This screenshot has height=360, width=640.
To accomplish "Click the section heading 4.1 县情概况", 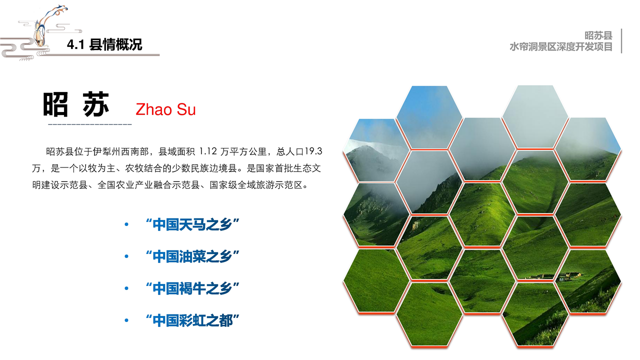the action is click(x=104, y=44).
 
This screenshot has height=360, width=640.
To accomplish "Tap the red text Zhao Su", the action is click(x=165, y=109).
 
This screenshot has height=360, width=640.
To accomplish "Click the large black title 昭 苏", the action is click(x=76, y=104).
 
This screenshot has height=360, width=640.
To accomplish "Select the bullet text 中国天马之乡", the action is click(x=192, y=224).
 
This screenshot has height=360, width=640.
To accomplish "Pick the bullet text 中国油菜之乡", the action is click(x=192, y=256).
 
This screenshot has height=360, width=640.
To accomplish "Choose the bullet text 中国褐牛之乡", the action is click(x=192, y=288).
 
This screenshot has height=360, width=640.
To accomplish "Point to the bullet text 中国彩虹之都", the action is click(x=192, y=320).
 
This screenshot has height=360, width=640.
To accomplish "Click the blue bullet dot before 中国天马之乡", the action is click(x=126, y=224).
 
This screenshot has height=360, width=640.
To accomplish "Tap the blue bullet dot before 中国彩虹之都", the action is click(x=126, y=320).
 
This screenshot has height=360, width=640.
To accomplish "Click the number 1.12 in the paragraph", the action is click(x=208, y=151).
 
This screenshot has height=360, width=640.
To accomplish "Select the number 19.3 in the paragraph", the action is click(x=313, y=151).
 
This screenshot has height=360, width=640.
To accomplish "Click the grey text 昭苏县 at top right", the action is click(x=598, y=35).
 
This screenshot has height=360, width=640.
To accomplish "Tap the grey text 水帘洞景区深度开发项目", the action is click(x=561, y=46).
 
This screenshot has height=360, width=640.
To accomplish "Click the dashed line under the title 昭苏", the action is click(x=90, y=124).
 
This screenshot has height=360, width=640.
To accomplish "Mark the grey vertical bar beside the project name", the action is click(x=621, y=41).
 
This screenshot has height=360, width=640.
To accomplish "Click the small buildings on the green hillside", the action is click(x=553, y=276).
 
